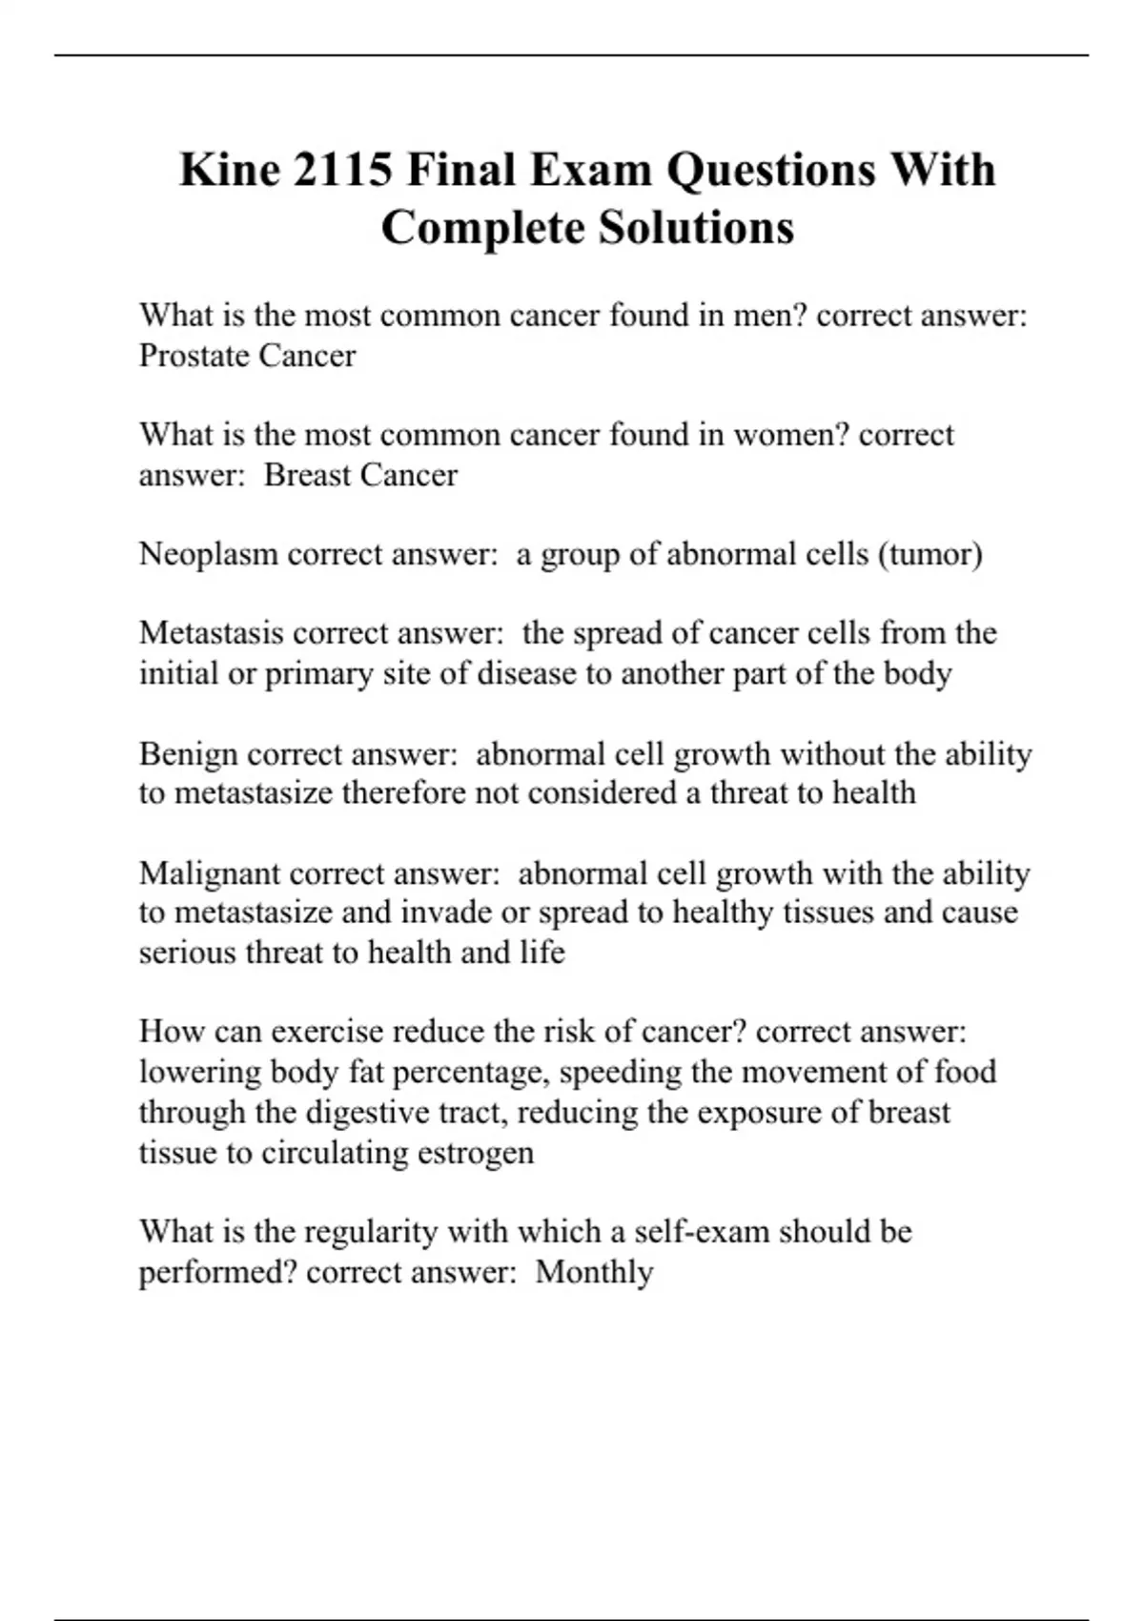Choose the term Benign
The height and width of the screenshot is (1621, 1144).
coord(189,754)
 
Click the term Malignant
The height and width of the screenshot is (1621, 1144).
coord(209,873)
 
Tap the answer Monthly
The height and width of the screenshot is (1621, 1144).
coord(594,1272)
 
